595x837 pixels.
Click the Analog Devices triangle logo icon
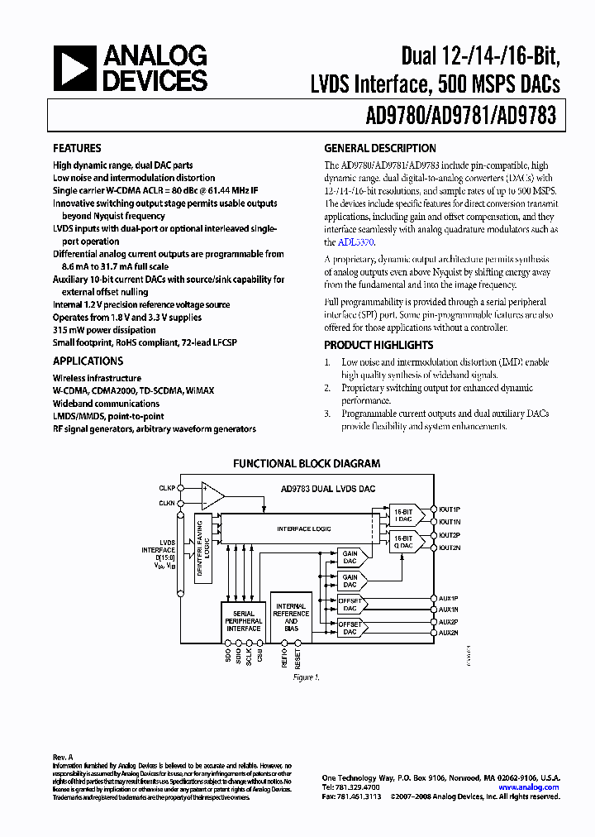click(75, 68)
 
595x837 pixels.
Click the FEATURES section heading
click(77, 148)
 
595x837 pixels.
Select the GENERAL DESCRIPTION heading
click(379, 148)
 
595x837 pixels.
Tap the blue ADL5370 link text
click(355, 242)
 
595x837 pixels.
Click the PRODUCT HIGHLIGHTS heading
click(378, 345)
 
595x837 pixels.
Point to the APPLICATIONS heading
click(88, 361)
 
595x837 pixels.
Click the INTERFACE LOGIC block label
click(300, 528)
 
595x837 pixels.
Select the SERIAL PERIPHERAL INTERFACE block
click(244, 621)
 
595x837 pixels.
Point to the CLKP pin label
click(167, 488)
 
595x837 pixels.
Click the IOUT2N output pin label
click(450, 548)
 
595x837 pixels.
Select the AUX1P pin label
click(448, 598)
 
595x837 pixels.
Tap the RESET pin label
click(298, 658)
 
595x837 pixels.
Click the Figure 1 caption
click(306, 677)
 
